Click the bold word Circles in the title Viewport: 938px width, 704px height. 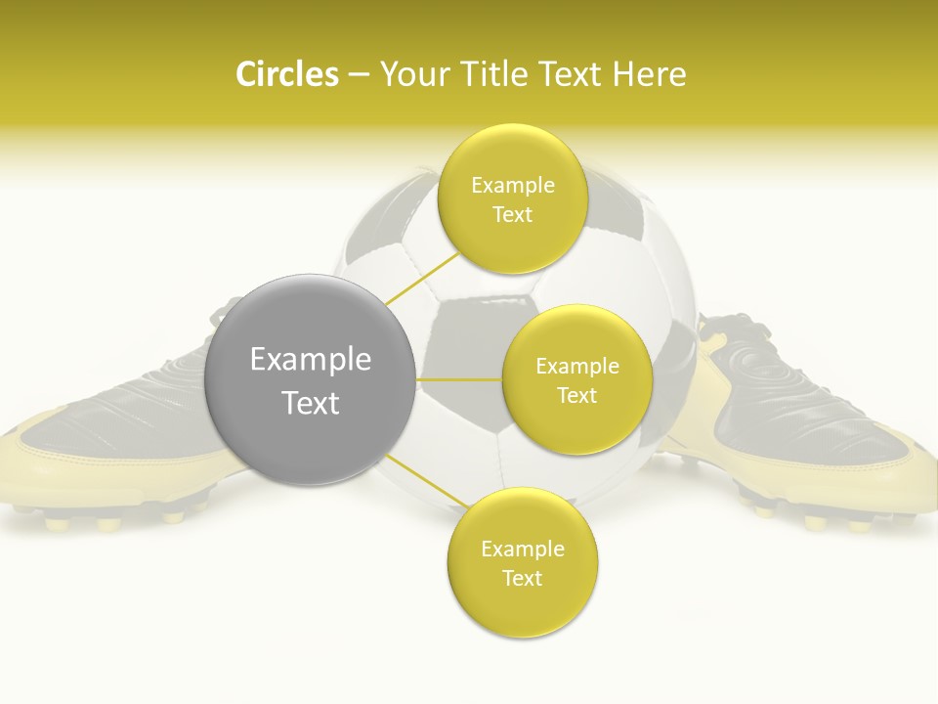click(287, 74)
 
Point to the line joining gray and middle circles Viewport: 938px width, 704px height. click(458, 379)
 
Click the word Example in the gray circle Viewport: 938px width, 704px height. click(310, 360)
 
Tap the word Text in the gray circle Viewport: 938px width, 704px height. click(310, 403)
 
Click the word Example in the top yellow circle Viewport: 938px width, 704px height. click(512, 185)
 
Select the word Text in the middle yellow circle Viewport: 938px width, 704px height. click(576, 395)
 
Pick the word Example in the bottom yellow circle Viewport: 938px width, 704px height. click(522, 549)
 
